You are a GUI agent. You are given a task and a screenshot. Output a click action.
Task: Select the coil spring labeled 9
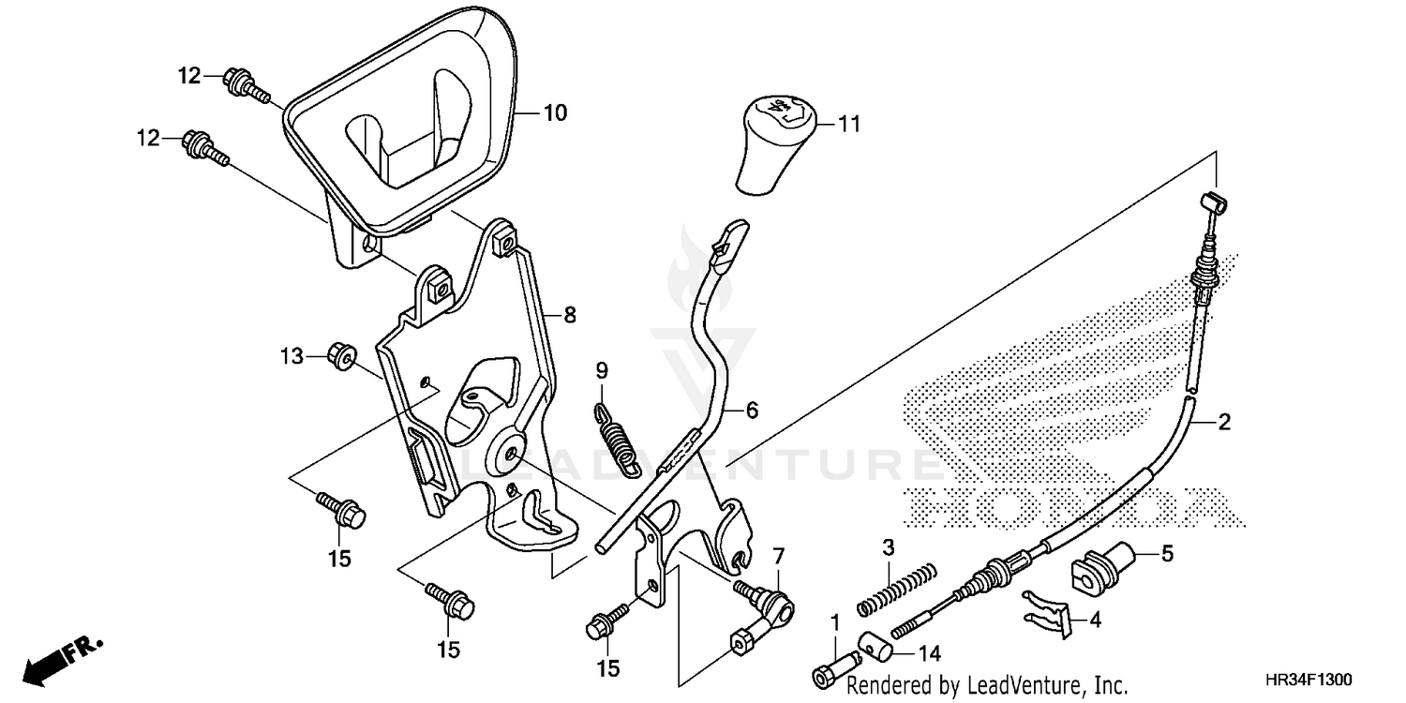615,433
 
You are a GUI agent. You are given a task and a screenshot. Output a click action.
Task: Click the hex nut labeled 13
341,356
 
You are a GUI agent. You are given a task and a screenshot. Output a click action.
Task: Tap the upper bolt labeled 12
244,85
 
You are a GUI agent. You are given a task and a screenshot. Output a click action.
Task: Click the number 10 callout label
555,113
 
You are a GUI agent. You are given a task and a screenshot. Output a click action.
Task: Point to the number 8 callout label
569,316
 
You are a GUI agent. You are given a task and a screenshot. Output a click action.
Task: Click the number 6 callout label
752,410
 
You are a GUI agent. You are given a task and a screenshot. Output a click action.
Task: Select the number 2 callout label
1223,423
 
